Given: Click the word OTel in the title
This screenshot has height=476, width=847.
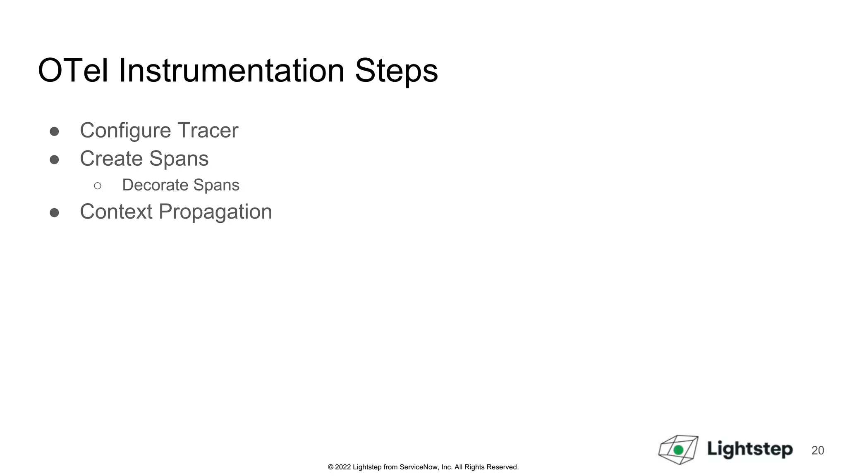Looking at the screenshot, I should click(73, 71).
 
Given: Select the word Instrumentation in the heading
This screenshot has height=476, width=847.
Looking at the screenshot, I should click(231, 71).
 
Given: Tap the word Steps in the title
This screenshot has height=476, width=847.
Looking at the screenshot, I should click(396, 71).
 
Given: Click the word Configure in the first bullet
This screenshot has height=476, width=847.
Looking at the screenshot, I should click(125, 131).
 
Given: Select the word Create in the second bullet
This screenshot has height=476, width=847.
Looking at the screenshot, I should click(111, 159).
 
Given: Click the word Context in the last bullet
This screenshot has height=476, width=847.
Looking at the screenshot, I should click(116, 212).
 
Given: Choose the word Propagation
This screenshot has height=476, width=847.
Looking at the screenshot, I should click(215, 212).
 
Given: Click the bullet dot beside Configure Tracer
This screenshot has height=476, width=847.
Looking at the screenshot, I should click(54, 131).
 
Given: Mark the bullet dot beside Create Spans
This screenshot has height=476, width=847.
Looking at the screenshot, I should click(54, 159).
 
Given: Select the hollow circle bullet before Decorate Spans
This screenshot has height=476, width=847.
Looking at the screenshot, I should click(98, 186).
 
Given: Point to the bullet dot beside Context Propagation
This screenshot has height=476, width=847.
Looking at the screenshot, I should click(54, 212).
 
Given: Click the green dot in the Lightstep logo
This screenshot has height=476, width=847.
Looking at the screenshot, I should click(678, 450).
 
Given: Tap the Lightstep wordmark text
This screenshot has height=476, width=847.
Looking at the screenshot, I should click(749, 450).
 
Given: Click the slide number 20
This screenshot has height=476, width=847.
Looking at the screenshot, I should click(818, 450).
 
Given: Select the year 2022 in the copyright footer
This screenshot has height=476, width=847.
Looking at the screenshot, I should click(343, 467).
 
